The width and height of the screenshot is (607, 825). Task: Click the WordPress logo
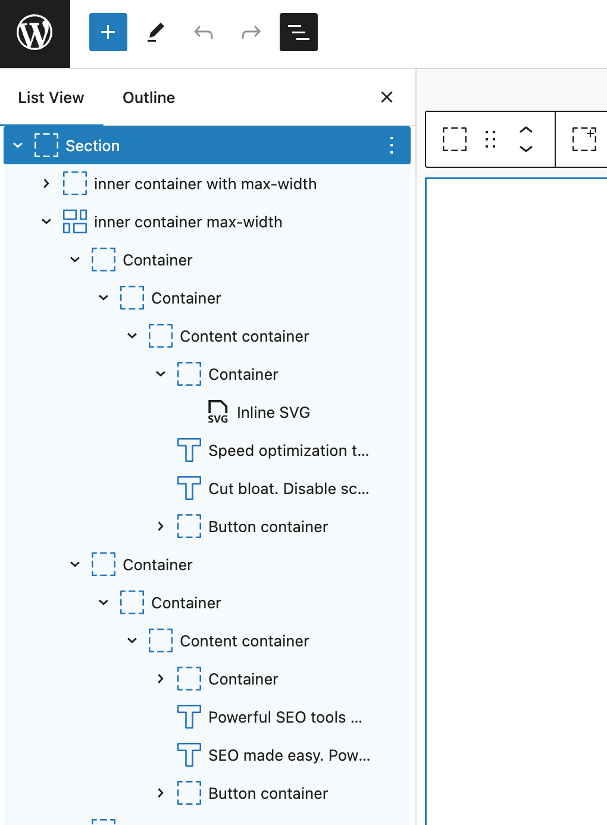pos(35,32)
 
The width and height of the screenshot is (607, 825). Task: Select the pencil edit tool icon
pos(155,32)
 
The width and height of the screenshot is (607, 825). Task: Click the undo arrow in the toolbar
pos(204,32)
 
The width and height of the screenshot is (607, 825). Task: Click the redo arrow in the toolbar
pos(251,32)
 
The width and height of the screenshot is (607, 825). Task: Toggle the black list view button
pos(298,32)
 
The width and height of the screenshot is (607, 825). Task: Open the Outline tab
pos(149,98)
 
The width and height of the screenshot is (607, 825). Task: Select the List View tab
pos(51,98)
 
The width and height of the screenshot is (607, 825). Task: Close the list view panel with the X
pos(387,97)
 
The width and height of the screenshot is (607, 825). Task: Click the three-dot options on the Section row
pos(392,145)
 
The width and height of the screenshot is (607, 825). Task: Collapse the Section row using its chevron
pos(18,145)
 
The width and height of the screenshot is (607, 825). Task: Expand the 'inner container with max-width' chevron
pos(46,183)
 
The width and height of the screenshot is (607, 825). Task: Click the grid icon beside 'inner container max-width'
pos(75,221)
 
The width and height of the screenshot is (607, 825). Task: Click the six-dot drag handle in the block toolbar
pos(490,139)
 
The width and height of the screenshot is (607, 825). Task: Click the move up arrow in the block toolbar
pos(526,130)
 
